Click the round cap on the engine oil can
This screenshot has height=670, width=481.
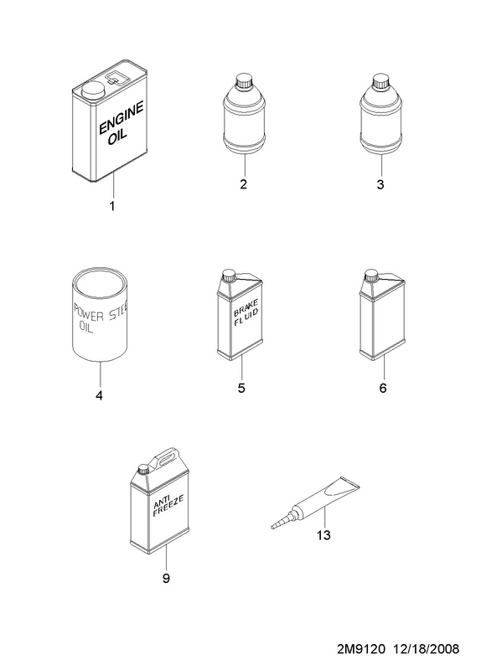coord(93,91)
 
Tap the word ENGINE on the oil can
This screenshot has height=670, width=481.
coord(121,118)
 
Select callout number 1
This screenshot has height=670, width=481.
coord(112,206)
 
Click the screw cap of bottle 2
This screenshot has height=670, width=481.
coord(246,81)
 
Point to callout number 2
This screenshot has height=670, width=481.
coord(243,184)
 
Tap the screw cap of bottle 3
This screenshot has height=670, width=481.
coord(381,81)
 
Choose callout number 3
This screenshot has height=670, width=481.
coord(380,184)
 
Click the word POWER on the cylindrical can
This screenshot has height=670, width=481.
coord(89,312)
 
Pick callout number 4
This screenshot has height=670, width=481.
coord(99,395)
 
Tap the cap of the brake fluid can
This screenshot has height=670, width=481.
coord(229,276)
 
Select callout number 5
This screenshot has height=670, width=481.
coord(241,388)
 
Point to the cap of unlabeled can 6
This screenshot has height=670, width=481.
coord(370,276)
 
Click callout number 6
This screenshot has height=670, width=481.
coord(383,388)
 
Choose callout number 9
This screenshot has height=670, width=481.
coord(166,578)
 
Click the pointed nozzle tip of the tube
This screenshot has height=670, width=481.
coord(273,528)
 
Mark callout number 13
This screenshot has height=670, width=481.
coord(323,535)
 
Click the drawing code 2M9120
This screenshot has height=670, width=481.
coord(361,649)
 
